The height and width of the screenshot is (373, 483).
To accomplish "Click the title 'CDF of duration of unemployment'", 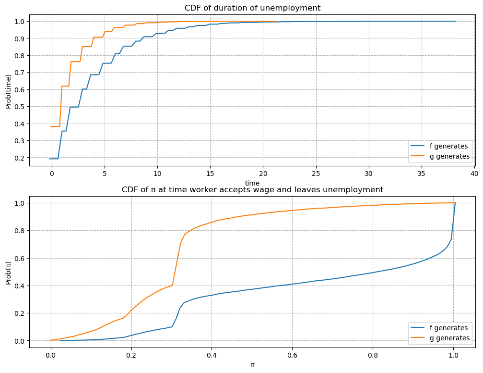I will click(x=252, y=8).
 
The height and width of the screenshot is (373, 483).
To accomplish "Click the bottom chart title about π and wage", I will click(x=252, y=189).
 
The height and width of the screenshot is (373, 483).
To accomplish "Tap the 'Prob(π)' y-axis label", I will click(x=8, y=272).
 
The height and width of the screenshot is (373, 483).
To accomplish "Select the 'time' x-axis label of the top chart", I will click(x=252, y=183).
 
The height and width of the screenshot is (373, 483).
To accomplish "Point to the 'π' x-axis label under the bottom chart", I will click(x=252, y=365).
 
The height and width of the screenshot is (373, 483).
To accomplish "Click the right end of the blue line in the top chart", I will click(x=455, y=21).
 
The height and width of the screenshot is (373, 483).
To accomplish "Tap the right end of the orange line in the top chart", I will click(x=275, y=21).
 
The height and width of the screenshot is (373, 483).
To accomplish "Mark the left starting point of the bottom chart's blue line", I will click(x=60, y=340).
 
